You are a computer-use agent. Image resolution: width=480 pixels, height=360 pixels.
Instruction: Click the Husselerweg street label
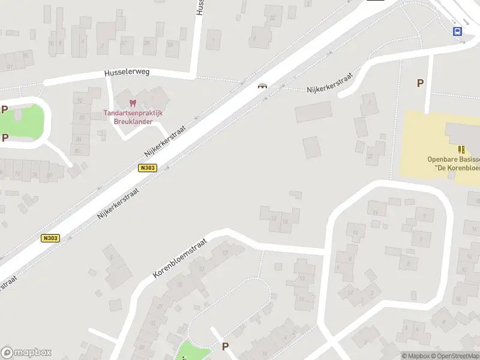(127, 72)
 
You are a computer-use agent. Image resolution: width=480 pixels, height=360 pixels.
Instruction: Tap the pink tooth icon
(133, 103)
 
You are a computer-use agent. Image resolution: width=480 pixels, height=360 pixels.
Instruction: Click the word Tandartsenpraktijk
(133, 113)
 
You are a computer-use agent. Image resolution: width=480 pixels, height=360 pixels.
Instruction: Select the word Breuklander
(133, 121)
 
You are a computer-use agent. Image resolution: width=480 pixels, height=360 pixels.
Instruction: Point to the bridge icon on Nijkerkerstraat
(262, 86)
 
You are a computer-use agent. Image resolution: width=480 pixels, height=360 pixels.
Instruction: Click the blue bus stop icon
(458, 32)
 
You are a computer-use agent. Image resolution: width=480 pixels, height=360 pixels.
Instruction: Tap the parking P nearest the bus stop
(421, 83)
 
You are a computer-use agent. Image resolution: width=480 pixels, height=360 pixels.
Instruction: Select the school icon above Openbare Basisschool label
(461, 149)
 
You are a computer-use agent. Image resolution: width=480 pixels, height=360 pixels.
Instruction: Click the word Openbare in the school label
(443, 159)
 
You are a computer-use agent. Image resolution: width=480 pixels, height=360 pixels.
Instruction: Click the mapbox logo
(26, 352)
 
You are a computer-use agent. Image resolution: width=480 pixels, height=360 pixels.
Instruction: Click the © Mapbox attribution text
(415, 356)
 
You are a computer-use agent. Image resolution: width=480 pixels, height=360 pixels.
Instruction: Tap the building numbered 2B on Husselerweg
(147, 43)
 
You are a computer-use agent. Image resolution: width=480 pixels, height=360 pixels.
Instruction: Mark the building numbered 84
(77, 139)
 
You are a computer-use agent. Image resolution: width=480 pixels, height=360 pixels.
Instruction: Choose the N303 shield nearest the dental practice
(147, 168)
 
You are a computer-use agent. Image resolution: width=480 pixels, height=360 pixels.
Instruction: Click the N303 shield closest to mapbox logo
(50, 238)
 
